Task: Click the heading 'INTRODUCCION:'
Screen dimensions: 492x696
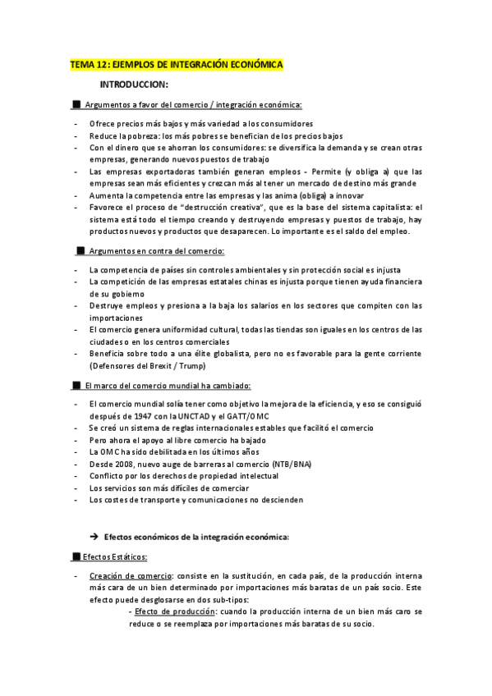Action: coord(134,85)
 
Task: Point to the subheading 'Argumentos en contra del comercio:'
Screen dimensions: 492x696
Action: coord(156,250)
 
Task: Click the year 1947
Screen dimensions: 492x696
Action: coord(140,416)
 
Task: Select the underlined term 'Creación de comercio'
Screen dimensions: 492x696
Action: coord(131,575)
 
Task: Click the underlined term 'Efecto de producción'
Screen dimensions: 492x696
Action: coord(175,611)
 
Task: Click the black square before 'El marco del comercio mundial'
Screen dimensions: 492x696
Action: coord(77,385)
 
